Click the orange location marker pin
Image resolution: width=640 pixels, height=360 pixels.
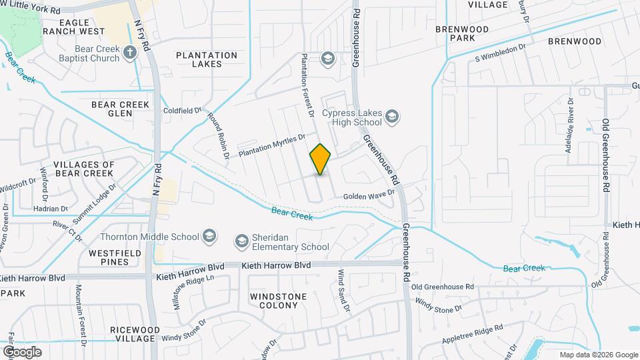[320, 159]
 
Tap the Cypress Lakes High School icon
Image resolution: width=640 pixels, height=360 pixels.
[393, 118]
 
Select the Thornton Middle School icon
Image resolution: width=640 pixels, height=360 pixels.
[210, 237]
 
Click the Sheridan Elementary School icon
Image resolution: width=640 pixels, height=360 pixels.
[241, 239]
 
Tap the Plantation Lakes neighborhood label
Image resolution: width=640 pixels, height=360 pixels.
[206, 59]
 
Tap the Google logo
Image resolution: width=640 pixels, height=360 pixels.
[22, 351]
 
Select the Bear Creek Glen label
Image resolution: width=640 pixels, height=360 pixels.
[121, 109]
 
